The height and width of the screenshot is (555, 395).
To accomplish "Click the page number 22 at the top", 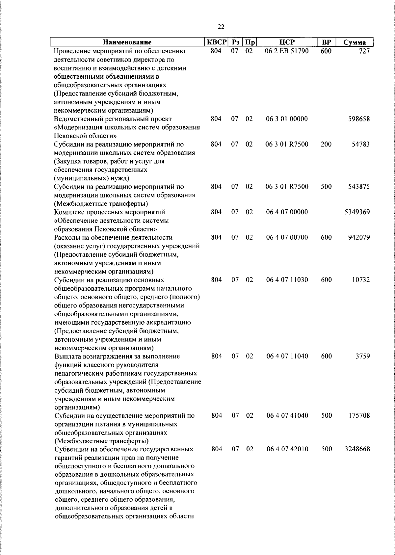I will click(221, 27).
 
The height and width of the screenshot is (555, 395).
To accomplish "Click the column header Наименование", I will click(127, 42).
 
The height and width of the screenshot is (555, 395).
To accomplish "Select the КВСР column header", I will click(217, 42).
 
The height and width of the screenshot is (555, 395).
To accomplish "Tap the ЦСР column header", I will click(287, 42).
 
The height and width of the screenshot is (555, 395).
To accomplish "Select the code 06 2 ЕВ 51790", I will click(287, 51).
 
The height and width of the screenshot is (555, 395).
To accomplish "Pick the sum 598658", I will click(359, 119).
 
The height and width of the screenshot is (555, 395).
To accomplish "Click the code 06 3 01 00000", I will click(287, 119).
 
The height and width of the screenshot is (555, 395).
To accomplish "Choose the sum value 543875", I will click(359, 187).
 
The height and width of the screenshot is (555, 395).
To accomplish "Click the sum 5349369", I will click(357, 212).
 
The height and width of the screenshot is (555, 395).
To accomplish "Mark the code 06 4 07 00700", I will click(287, 237).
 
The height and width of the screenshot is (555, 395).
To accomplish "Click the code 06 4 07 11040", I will click(287, 356).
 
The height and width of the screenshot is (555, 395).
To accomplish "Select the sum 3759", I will click(362, 356).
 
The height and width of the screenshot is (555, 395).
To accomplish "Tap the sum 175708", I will click(359, 415).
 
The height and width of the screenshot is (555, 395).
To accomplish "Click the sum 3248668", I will click(357, 449).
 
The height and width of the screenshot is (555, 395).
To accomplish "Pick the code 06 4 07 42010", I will click(287, 449).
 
